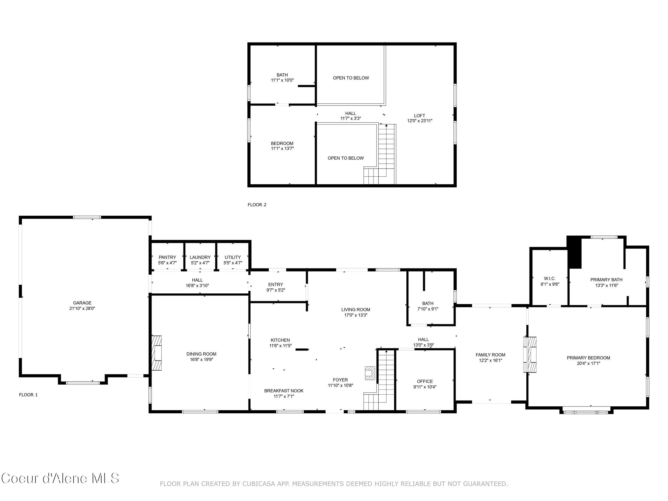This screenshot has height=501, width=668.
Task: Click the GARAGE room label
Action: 82,303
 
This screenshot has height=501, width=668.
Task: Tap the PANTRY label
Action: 167,257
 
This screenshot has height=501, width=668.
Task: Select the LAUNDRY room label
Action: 200,257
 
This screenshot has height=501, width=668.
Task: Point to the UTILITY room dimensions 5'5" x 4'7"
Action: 232,263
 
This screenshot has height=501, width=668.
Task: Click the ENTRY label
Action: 275,285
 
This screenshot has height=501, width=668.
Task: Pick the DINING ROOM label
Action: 201,354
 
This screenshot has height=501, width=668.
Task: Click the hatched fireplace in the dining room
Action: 157,353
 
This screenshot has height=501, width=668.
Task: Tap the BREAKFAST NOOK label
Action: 283,391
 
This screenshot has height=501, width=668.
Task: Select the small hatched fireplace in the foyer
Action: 370,373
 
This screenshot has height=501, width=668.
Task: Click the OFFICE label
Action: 425,381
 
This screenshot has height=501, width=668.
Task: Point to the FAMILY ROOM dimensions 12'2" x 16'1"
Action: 490,360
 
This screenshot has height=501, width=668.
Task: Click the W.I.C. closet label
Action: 550,278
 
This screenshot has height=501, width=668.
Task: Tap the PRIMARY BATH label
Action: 606,280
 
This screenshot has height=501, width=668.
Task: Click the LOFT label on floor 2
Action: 420,116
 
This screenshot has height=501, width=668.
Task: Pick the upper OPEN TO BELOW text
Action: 351,78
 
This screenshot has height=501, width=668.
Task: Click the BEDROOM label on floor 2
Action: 282,143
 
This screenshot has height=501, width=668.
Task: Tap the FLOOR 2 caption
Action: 257,205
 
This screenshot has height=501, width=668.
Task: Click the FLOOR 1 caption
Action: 28,395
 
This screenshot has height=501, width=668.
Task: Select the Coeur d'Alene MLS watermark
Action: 60,478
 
